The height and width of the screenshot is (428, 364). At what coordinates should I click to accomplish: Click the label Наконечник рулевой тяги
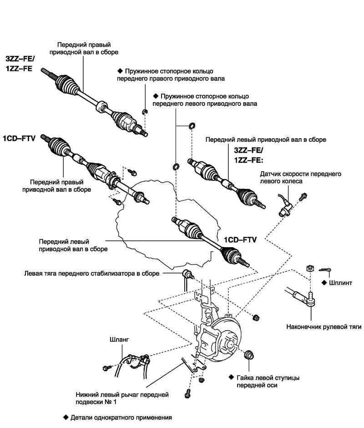pos(324,326)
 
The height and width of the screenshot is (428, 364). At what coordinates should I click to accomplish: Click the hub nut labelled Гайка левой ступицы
pos(249,355)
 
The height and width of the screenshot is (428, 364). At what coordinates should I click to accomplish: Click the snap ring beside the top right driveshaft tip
pos(144,111)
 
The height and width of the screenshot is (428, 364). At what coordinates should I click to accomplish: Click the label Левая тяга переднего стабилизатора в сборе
pos(91,274)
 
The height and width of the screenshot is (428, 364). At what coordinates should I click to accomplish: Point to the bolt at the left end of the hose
pos(106,366)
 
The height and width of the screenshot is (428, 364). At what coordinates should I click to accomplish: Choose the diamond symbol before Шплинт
pos(324,282)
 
